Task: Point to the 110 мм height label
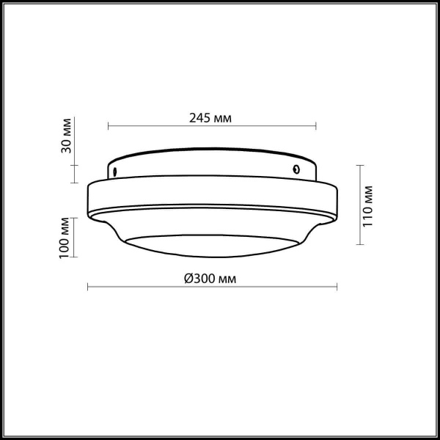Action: (x=368, y=205)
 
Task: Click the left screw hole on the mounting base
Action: (x=115, y=172)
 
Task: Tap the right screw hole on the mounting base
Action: (x=296, y=169)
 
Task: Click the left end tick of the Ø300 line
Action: (x=88, y=287)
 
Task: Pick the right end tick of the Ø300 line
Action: (x=338, y=287)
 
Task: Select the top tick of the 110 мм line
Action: (x=359, y=166)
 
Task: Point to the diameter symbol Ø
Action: (x=188, y=278)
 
